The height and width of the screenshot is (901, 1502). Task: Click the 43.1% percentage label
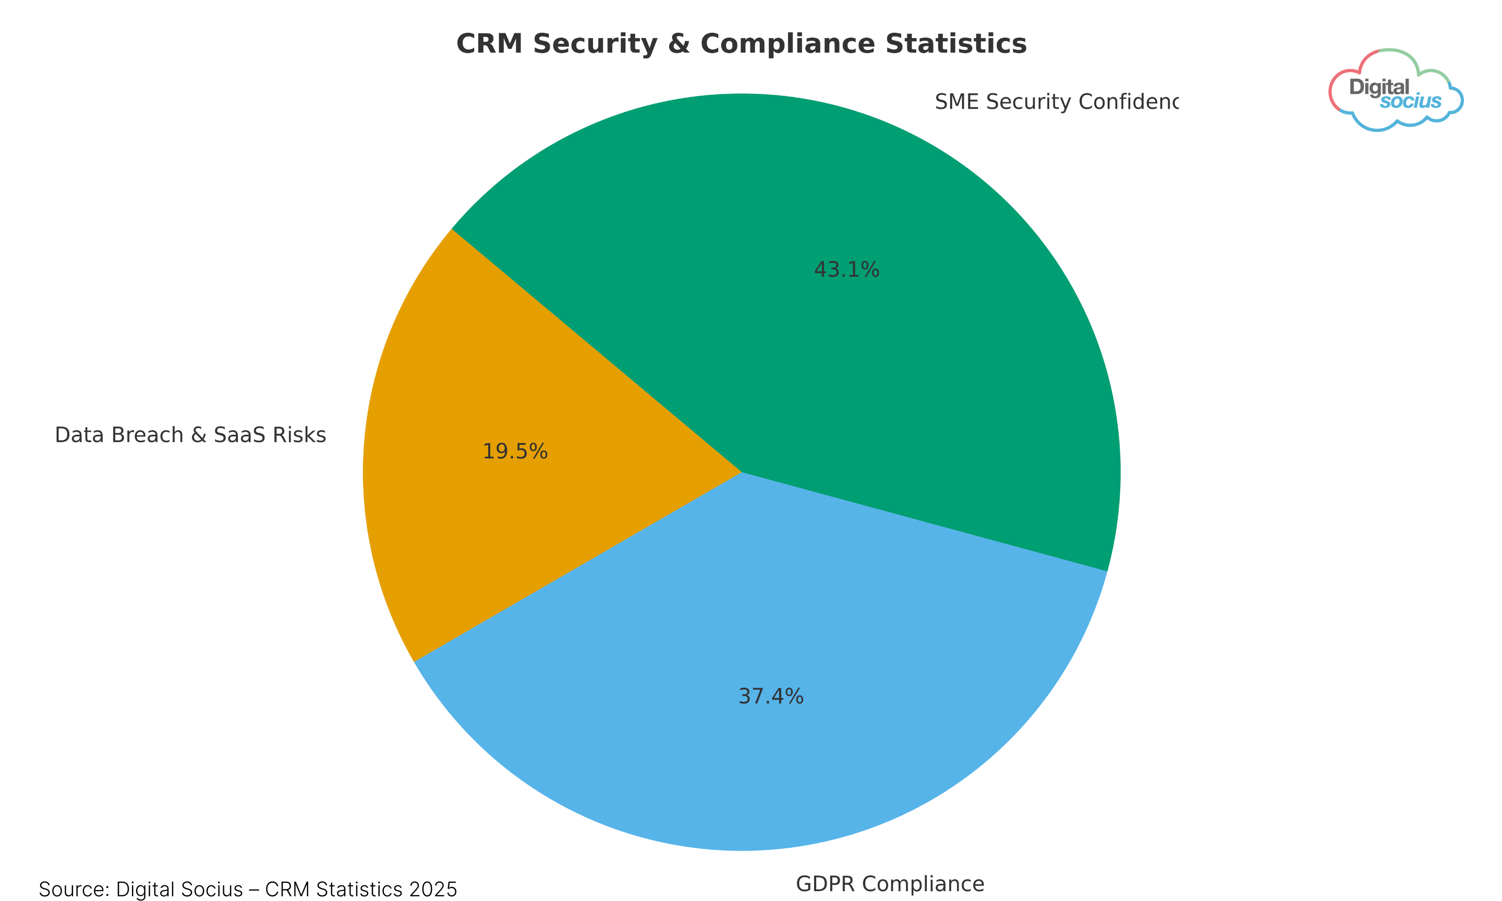[x=846, y=270]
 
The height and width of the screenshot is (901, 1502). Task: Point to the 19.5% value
[x=515, y=452]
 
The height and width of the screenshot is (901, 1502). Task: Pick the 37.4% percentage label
[x=771, y=697]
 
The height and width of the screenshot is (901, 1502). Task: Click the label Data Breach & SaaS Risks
[x=190, y=435]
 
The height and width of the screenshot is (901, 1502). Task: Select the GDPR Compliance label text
[x=890, y=884]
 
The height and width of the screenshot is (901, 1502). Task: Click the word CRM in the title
[x=489, y=44]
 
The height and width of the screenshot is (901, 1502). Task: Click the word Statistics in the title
[x=955, y=44]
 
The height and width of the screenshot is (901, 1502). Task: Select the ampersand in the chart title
[x=678, y=44]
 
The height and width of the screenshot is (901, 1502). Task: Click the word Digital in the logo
[x=1379, y=88]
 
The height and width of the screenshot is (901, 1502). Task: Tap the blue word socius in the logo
[x=1410, y=101]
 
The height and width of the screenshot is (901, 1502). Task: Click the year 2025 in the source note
[x=433, y=890]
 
